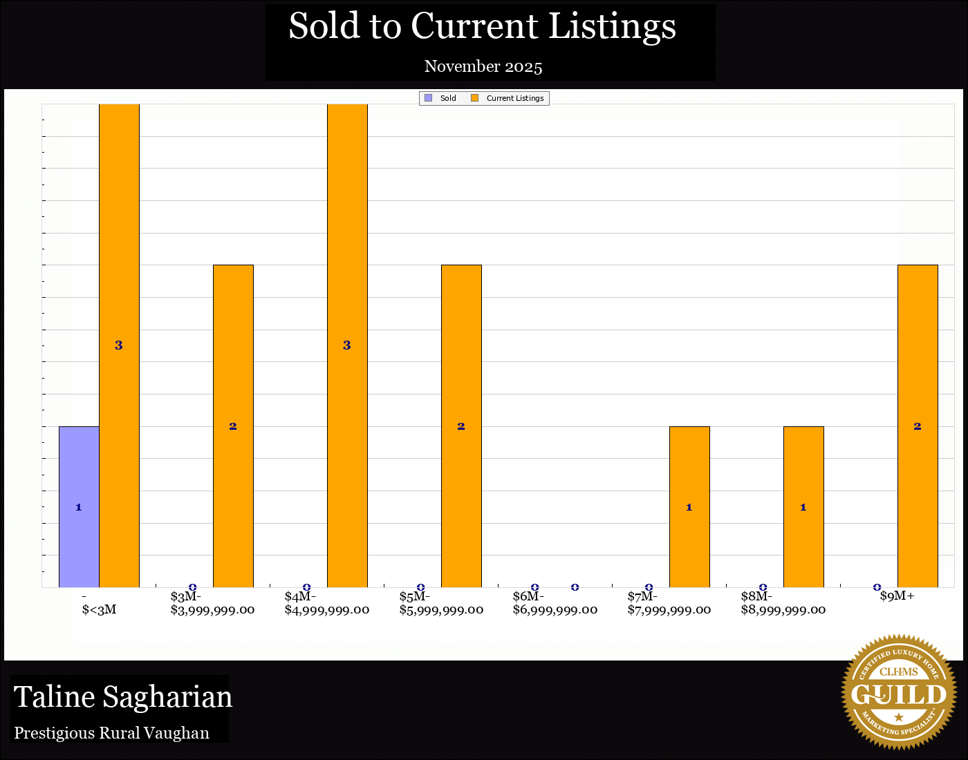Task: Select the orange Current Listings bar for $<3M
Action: (119, 345)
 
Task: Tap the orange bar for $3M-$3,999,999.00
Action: (233, 426)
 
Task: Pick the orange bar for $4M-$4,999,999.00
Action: (347, 345)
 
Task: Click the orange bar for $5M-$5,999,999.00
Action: (461, 426)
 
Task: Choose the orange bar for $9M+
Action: (918, 426)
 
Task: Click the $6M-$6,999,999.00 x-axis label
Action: (555, 603)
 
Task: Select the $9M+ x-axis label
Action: (897, 596)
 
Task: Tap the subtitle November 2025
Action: (483, 66)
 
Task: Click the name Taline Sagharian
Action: (123, 696)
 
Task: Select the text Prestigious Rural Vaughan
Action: (111, 733)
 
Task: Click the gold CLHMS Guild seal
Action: (898, 692)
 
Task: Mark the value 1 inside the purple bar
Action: (79, 507)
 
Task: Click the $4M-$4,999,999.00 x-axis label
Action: (326, 603)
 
